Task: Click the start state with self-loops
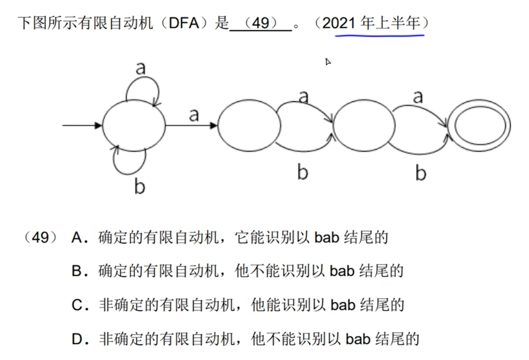pos(134,125)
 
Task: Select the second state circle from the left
pos(249,125)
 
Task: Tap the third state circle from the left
pos(364,125)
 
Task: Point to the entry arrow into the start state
pos(82,125)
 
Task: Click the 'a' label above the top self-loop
pos(140,69)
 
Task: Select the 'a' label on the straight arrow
pos(194,115)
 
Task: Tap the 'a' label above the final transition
pos(418,97)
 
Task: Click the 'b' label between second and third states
pos(303,172)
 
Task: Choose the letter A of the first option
pos(77,238)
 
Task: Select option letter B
pos(77,271)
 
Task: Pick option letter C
pos(77,305)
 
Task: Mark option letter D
pos(77,340)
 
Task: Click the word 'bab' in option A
pos(328,238)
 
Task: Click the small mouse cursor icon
pos(328,61)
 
